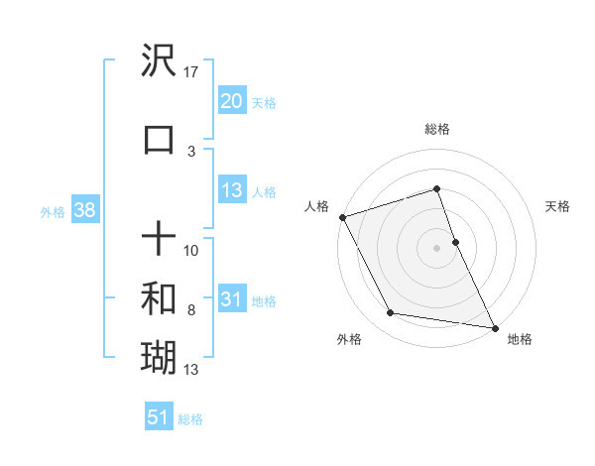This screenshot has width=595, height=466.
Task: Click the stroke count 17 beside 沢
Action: tap(192, 71)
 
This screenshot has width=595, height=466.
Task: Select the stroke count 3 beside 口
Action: tap(191, 151)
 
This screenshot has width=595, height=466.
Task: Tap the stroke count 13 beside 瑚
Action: tap(191, 370)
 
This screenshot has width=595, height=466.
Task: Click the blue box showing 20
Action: tap(232, 101)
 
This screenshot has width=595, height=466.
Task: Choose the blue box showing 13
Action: tap(232, 191)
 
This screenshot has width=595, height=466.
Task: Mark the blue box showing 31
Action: tap(232, 300)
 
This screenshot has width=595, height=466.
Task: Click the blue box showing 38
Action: tap(83, 210)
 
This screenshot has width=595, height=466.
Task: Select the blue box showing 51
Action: tap(159, 417)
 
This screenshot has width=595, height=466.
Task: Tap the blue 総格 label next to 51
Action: tap(190, 419)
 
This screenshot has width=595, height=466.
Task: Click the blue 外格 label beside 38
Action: tap(53, 211)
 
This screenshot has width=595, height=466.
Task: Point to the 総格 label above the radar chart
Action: tap(437, 129)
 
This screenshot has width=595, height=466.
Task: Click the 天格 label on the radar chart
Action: tap(558, 206)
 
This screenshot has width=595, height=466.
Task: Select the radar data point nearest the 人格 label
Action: tap(342, 216)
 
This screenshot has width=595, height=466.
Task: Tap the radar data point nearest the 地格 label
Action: tap(494, 326)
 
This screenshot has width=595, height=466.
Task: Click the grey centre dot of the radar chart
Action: tap(437, 247)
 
